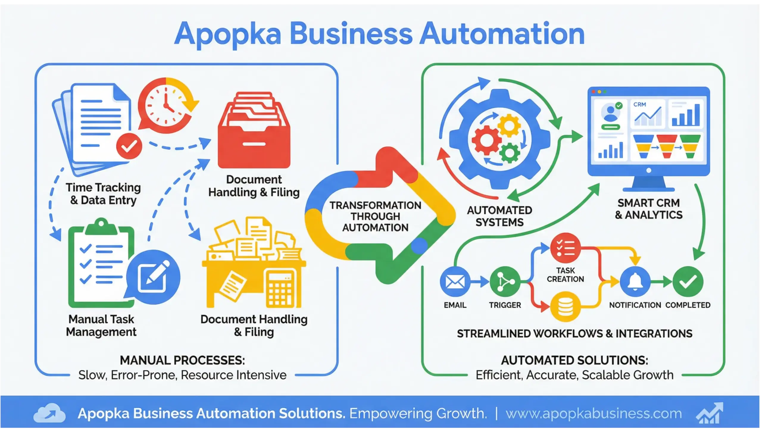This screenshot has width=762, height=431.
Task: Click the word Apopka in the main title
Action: pos(228,35)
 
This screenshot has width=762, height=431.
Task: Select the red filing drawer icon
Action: pos(254,131)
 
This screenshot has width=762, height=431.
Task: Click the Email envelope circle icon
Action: pos(455,282)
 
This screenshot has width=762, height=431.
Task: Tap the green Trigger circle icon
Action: pos(505,282)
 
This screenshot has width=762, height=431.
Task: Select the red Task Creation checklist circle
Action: pos(565,248)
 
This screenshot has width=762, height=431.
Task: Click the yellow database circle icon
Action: pos(565,307)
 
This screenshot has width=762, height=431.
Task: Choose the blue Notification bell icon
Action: pos(635,282)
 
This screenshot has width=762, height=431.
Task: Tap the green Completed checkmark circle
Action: pos(688,282)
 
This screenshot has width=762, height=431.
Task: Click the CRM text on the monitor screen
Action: pos(640,104)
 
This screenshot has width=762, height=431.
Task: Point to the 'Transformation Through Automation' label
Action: pos(375,216)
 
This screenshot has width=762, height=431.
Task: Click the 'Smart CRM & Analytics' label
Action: pos(649,209)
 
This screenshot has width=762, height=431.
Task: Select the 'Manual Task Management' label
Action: pos(101,325)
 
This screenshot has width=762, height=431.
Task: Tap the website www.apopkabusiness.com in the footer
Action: pos(594,413)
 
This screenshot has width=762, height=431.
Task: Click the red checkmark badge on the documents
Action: pos(129,146)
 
